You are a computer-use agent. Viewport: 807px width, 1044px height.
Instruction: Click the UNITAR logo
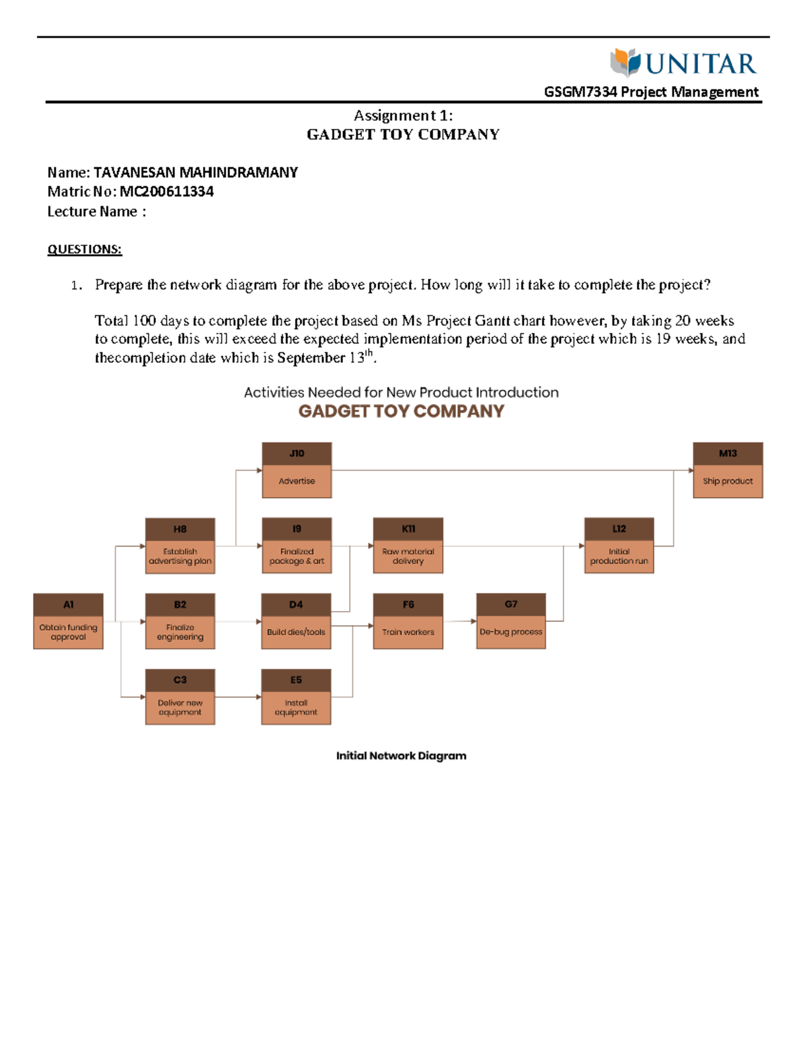(683, 63)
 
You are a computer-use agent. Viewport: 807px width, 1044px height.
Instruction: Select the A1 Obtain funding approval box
(68, 621)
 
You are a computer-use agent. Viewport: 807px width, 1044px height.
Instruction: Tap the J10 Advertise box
(297, 470)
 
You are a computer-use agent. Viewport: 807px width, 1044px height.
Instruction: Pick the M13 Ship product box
(728, 470)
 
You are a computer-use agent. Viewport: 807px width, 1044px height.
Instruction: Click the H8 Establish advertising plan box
(180, 546)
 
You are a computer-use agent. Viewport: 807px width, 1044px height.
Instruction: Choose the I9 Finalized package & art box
(297, 545)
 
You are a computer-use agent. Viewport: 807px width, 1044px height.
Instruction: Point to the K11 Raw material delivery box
(408, 545)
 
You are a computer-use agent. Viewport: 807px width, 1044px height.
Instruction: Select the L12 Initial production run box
(619, 545)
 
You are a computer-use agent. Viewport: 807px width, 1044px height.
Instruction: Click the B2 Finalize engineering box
(180, 621)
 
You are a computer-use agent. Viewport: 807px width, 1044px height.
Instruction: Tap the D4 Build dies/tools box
(296, 621)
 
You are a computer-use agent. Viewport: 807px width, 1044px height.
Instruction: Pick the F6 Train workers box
(408, 621)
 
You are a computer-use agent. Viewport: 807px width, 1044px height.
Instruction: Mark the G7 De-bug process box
(511, 621)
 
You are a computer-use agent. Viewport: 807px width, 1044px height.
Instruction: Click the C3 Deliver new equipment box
(180, 696)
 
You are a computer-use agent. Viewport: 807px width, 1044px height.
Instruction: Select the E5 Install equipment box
(296, 696)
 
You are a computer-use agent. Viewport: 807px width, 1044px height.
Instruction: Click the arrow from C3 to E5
(238, 696)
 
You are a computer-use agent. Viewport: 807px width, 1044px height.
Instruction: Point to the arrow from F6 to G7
(459, 621)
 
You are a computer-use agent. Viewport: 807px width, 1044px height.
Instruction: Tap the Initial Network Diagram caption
(401, 756)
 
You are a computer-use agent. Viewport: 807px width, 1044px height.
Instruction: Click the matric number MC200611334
(166, 192)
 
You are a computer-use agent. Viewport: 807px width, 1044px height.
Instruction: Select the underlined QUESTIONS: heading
(85, 249)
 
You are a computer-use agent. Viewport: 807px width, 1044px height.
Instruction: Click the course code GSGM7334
(580, 91)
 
